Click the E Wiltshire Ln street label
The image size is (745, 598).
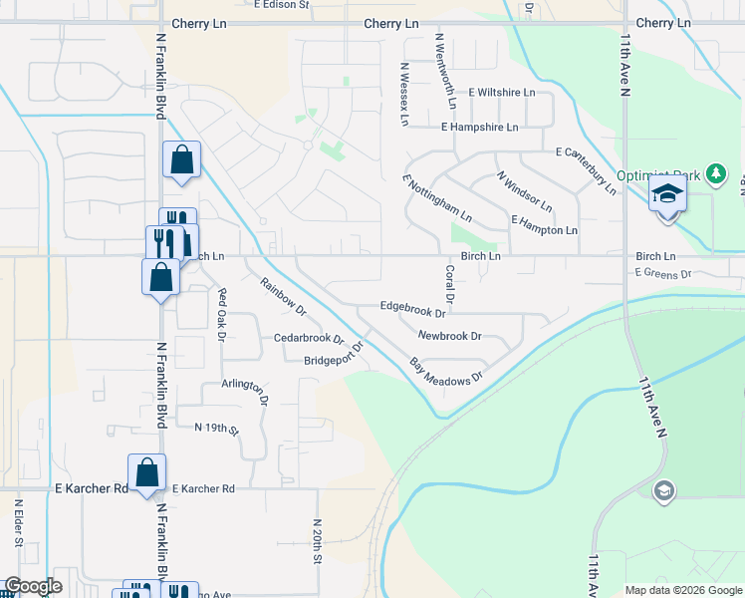coord(501,93)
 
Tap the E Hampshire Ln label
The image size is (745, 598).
coord(480,128)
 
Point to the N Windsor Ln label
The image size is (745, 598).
coord(525,191)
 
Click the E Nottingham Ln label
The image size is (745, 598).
coord(437,198)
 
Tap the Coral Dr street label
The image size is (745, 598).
coord(449,284)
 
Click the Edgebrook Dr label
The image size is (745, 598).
coord(411,311)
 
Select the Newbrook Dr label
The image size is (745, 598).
coord(449,337)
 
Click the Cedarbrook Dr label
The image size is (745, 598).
coord(309,338)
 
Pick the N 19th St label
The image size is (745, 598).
coord(217,430)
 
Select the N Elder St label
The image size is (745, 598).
coord(18,524)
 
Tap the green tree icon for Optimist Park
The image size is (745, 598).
coord(714,174)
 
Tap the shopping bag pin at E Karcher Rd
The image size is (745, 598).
coord(146,471)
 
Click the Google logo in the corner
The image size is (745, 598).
coord(33,586)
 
